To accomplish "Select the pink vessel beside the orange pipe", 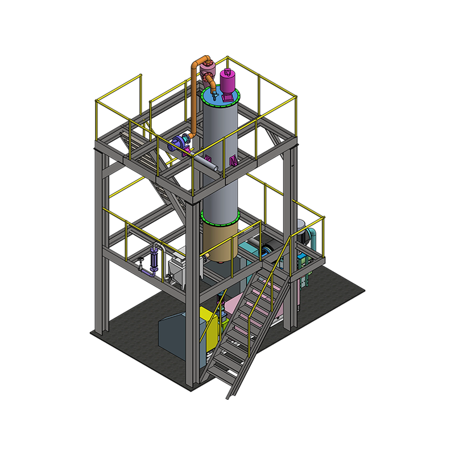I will (206, 71).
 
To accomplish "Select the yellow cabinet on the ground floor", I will (212, 327).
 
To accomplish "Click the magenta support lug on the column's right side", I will (233, 159).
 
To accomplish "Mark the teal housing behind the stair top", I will (250, 250).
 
